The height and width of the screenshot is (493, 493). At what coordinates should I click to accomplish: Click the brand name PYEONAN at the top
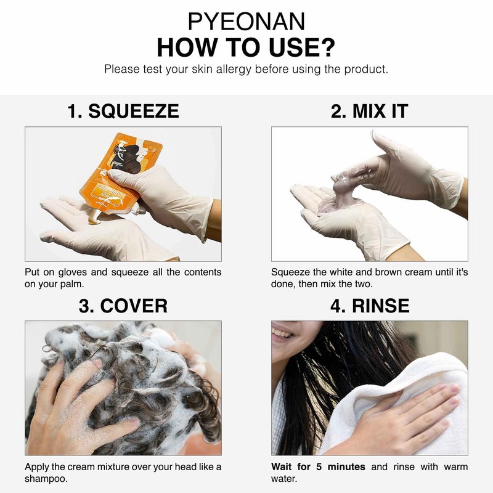point(246,22)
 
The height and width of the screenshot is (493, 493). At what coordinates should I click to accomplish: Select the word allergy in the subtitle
point(234,70)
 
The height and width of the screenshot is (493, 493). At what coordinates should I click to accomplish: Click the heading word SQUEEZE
point(133,111)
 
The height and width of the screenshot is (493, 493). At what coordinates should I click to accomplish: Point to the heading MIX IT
point(369,111)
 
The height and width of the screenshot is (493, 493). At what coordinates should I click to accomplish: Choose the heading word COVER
point(134,306)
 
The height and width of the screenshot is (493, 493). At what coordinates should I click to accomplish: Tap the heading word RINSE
point(380,306)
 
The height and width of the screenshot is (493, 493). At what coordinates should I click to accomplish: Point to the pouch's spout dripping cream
point(95,217)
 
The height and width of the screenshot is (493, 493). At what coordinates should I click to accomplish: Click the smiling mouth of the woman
point(281,334)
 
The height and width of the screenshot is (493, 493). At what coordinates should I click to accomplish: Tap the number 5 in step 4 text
point(319,467)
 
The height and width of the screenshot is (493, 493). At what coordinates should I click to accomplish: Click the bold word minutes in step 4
point(346,467)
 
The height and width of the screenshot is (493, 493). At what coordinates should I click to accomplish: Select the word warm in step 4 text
point(455,467)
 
